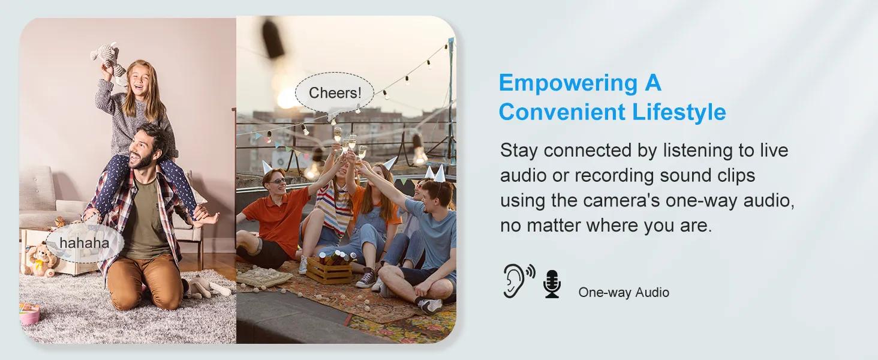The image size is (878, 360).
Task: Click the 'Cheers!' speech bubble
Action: pyautogui.click(x=334, y=94)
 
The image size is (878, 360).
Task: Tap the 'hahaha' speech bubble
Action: pyautogui.click(x=85, y=243)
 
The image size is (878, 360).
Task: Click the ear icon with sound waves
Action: pyautogui.click(x=518, y=280)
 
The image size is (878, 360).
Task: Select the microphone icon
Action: pyautogui.click(x=552, y=284)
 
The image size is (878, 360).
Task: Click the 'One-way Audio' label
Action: pyautogui.click(x=624, y=293)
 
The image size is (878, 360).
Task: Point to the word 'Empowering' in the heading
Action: pyautogui.click(x=569, y=83)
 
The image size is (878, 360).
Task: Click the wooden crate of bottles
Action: pyautogui.click(x=329, y=270)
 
